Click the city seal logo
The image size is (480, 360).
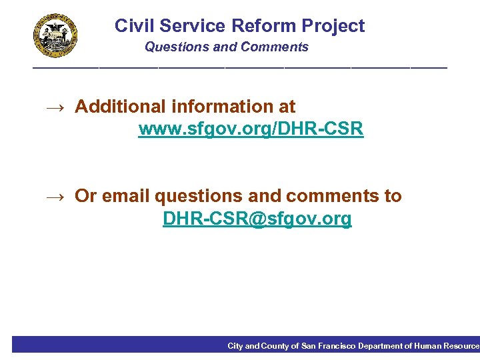(x=56, y=36)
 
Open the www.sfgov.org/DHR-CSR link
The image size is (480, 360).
(x=251, y=129)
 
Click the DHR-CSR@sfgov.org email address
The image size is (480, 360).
(x=257, y=219)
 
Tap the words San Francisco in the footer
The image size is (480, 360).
(x=328, y=346)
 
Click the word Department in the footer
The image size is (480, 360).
(x=380, y=346)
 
